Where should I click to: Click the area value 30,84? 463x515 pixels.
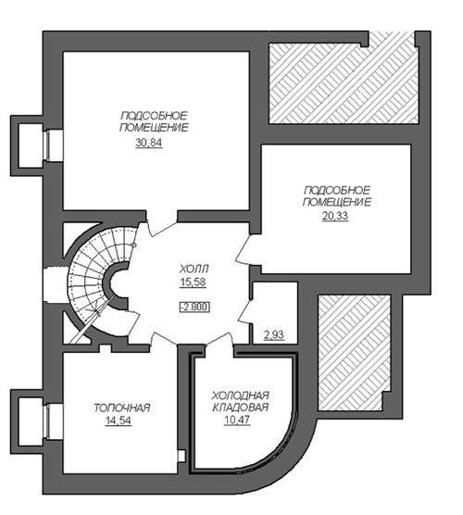(149, 144)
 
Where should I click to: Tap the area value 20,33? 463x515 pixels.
(335, 217)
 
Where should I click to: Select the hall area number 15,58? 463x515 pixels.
(193, 282)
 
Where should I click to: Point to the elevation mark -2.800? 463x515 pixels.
(194, 308)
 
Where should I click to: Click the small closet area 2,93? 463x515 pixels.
(274, 335)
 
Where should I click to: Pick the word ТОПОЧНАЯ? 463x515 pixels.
(122, 408)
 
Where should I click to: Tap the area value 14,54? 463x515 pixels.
(118, 421)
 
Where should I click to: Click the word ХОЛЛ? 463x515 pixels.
(194, 270)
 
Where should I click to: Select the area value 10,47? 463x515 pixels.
(237, 420)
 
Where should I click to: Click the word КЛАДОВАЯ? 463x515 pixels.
(241, 408)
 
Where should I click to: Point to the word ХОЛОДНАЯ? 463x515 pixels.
(241, 395)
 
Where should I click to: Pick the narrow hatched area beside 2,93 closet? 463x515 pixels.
(354, 352)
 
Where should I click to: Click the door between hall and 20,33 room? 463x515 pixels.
(247, 249)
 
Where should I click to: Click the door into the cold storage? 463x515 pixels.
(219, 339)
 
